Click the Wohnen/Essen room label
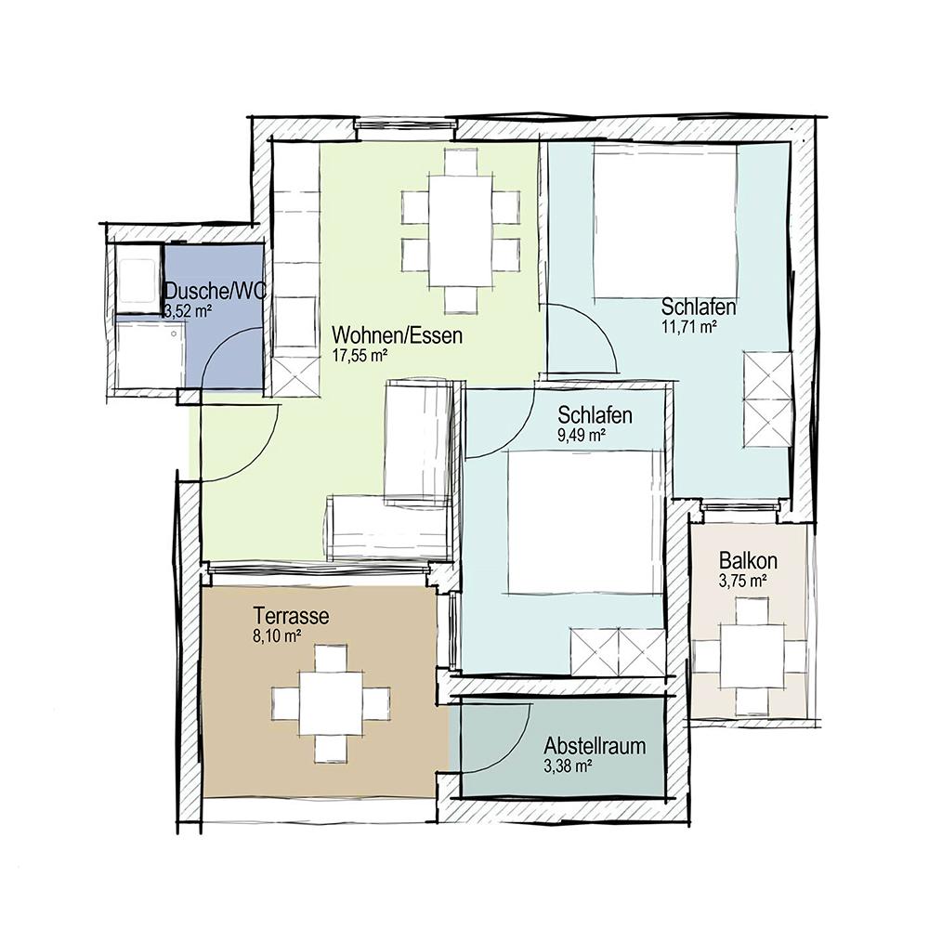(x=397, y=335)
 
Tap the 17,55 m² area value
(x=360, y=356)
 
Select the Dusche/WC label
(x=216, y=291)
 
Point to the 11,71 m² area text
(x=689, y=326)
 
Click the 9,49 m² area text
(x=582, y=436)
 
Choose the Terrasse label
(x=291, y=616)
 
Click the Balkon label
(x=748, y=560)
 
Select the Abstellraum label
(x=595, y=746)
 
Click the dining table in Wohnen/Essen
(x=461, y=230)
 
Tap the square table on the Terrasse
(x=332, y=702)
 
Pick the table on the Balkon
(x=752, y=657)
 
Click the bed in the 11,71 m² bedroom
(x=666, y=220)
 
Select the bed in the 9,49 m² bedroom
(x=583, y=521)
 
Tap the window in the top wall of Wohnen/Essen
(x=407, y=125)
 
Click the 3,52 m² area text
(x=188, y=311)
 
